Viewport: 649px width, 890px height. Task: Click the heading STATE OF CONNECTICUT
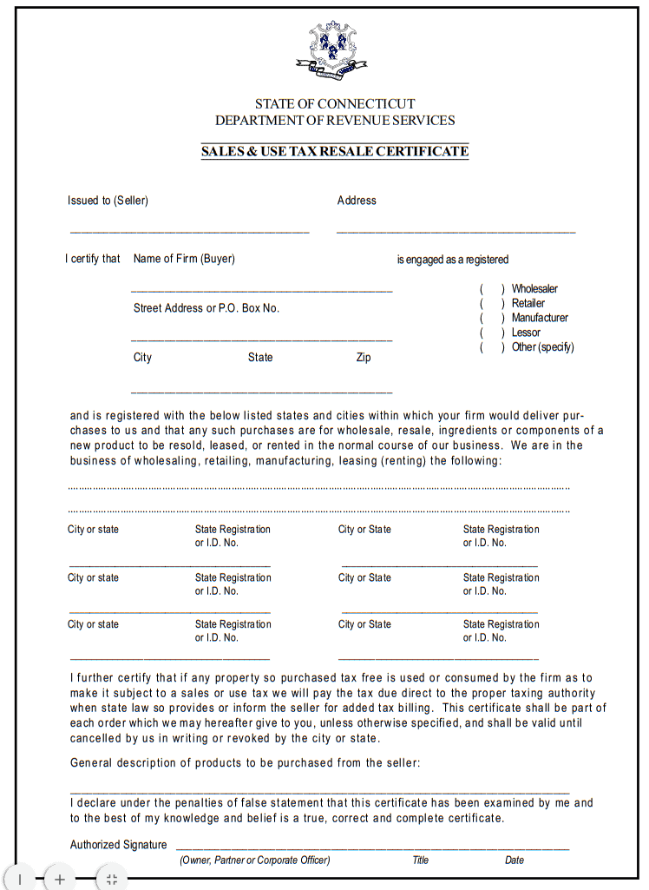click(x=335, y=103)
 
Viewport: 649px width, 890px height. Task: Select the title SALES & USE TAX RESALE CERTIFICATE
click(x=335, y=151)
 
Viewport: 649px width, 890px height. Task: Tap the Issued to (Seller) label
click(x=108, y=201)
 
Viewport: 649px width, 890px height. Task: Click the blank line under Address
click(x=456, y=232)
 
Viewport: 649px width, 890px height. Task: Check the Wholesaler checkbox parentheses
click(x=492, y=289)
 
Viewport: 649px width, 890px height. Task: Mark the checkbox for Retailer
click(x=492, y=304)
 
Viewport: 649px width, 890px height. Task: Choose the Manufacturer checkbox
click(x=492, y=318)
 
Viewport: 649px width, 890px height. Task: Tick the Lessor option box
click(x=492, y=333)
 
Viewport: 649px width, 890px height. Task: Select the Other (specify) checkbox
click(x=492, y=347)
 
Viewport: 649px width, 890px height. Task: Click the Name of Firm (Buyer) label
click(x=184, y=259)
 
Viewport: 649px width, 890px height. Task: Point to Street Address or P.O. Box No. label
click(x=206, y=308)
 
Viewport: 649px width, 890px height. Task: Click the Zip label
click(x=364, y=358)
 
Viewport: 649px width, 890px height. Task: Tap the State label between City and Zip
click(x=260, y=358)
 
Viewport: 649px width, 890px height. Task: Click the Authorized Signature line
click(x=373, y=847)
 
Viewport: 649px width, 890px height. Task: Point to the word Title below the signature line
click(x=421, y=860)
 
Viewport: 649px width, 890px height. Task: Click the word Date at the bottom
click(x=515, y=860)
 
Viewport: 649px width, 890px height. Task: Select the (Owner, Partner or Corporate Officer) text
click(x=255, y=860)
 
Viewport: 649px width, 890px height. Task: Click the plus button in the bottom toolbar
click(x=59, y=879)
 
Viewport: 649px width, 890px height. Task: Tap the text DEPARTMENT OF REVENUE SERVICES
click(x=335, y=121)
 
